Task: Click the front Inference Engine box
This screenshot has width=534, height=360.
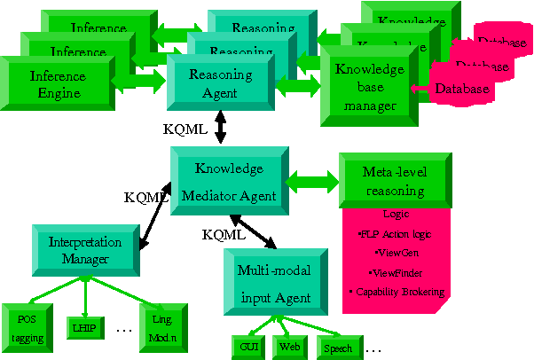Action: coord(59,84)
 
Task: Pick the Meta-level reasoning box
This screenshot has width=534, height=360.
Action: coord(395,180)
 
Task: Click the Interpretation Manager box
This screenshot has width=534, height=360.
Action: coord(84,251)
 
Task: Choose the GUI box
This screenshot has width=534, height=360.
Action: coord(247,348)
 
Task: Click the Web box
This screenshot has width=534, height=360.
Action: coord(290,348)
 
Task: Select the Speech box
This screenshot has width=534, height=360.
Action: coord(337,348)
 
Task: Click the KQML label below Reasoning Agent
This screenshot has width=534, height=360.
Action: coord(185,129)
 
